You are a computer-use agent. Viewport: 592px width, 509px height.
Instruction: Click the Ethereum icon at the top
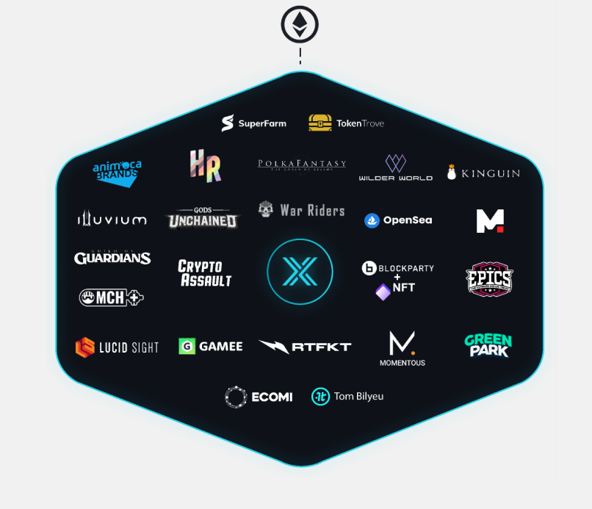click(300, 24)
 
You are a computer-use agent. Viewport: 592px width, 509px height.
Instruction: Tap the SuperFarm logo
click(254, 123)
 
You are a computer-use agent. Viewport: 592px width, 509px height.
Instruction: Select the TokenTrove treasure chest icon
click(320, 123)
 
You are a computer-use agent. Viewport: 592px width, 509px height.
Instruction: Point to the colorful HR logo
click(205, 165)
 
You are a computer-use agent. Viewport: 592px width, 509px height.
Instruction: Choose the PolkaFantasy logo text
click(301, 164)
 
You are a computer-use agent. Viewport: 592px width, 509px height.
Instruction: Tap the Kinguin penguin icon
click(451, 173)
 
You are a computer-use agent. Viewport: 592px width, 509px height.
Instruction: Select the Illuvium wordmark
click(112, 219)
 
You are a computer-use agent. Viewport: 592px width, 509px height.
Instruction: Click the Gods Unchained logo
click(203, 217)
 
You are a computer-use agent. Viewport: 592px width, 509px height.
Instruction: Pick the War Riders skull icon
click(266, 210)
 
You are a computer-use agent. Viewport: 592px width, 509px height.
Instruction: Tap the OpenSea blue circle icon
click(372, 220)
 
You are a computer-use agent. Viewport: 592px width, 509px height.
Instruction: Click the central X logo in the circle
click(300, 272)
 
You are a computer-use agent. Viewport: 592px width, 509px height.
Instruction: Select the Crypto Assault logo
click(205, 273)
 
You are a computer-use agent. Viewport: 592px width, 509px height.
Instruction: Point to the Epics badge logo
click(489, 278)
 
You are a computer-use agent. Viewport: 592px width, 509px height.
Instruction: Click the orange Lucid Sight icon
click(85, 347)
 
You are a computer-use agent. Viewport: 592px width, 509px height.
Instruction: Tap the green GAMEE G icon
click(187, 346)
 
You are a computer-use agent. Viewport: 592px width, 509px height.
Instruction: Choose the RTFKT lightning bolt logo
click(274, 347)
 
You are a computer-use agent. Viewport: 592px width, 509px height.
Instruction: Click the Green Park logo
click(488, 344)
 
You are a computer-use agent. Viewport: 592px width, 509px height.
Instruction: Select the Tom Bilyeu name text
click(358, 397)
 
